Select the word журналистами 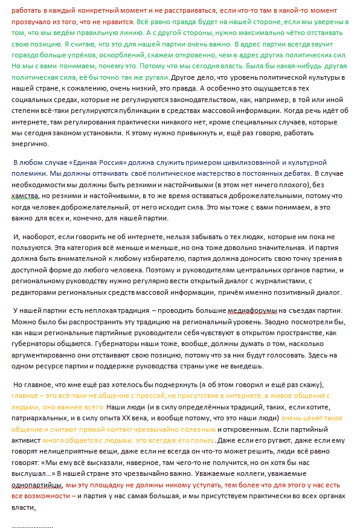(274, 282)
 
